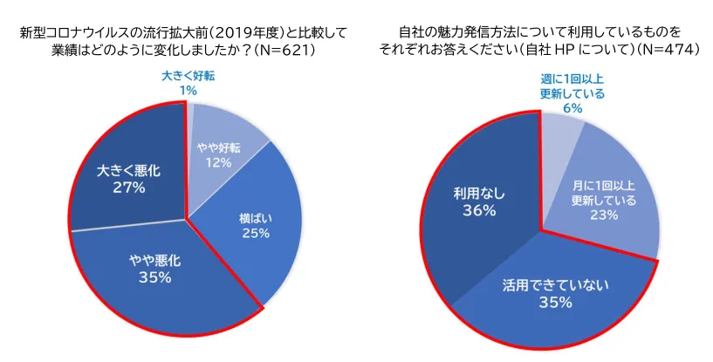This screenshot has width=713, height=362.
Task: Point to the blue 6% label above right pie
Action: tap(572, 108)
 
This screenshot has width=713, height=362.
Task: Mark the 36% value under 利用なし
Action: tap(479, 211)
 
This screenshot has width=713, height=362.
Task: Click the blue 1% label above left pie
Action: tap(188, 91)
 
